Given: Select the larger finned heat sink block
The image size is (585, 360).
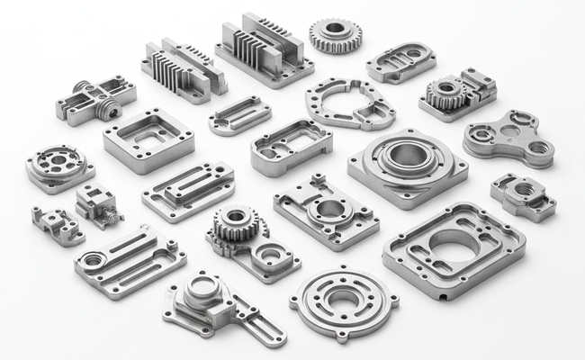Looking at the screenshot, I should (x=265, y=49).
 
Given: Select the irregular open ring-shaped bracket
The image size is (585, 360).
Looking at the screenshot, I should (x=349, y=103).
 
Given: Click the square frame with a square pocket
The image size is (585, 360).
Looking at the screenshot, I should (x=148, y=136).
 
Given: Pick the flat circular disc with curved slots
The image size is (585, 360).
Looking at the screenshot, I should (x=344, y=301).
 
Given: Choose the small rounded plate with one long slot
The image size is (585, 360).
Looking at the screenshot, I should (x=239, y=114).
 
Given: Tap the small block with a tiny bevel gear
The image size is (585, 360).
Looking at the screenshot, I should (x=98, y=204).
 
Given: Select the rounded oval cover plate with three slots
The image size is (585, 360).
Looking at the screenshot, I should (x=400, y=62).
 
